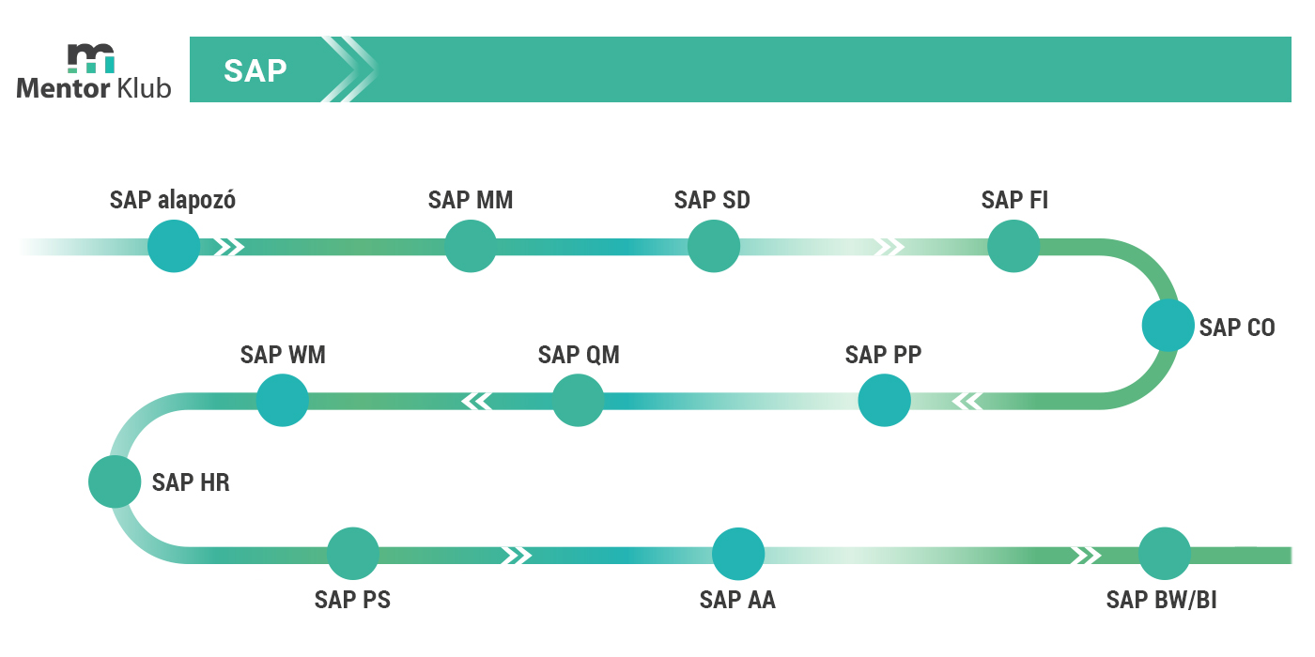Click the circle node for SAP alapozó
174,246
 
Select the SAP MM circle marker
471,246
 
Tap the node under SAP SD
713,246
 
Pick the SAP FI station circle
1013,246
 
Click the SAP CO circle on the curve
1168,326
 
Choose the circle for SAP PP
884,401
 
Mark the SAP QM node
579,401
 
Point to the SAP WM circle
283,401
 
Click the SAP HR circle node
115,481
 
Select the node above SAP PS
353,554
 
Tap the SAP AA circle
738,554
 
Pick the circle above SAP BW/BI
1165,554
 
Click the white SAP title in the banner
255,71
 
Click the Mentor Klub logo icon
91,58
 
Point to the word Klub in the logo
144,88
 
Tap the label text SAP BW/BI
1161,600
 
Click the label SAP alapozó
173,200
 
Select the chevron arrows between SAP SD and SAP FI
890,247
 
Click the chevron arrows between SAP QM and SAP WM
477,402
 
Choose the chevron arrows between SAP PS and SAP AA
517,555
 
